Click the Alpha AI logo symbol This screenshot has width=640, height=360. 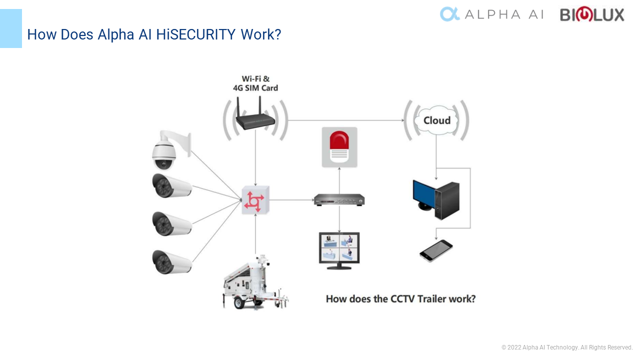pyautogui.click(x=449, y=14)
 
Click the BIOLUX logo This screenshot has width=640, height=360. pyautogui.click(x=592, y=14)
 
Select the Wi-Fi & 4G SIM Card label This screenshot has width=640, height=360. pyautogui.click(x=255, y=83)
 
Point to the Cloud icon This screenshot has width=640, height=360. pyautogui.click(x=436, y=120)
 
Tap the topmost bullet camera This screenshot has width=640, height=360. pyautogui.click(x=171, y=186)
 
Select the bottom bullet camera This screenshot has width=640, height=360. pyautogui.click(x=171, y=262)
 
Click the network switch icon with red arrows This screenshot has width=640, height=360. pyautogui.click(x=255, y=200)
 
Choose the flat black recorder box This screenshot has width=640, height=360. pyautogui.click(x=339, y=200)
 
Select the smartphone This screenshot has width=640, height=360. pyautogui.click(x=436, y=250)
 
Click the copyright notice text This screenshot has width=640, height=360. pyautogui.click(x=567, y=347)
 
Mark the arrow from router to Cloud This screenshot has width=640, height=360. pyautogui.click(x=345, y=120)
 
